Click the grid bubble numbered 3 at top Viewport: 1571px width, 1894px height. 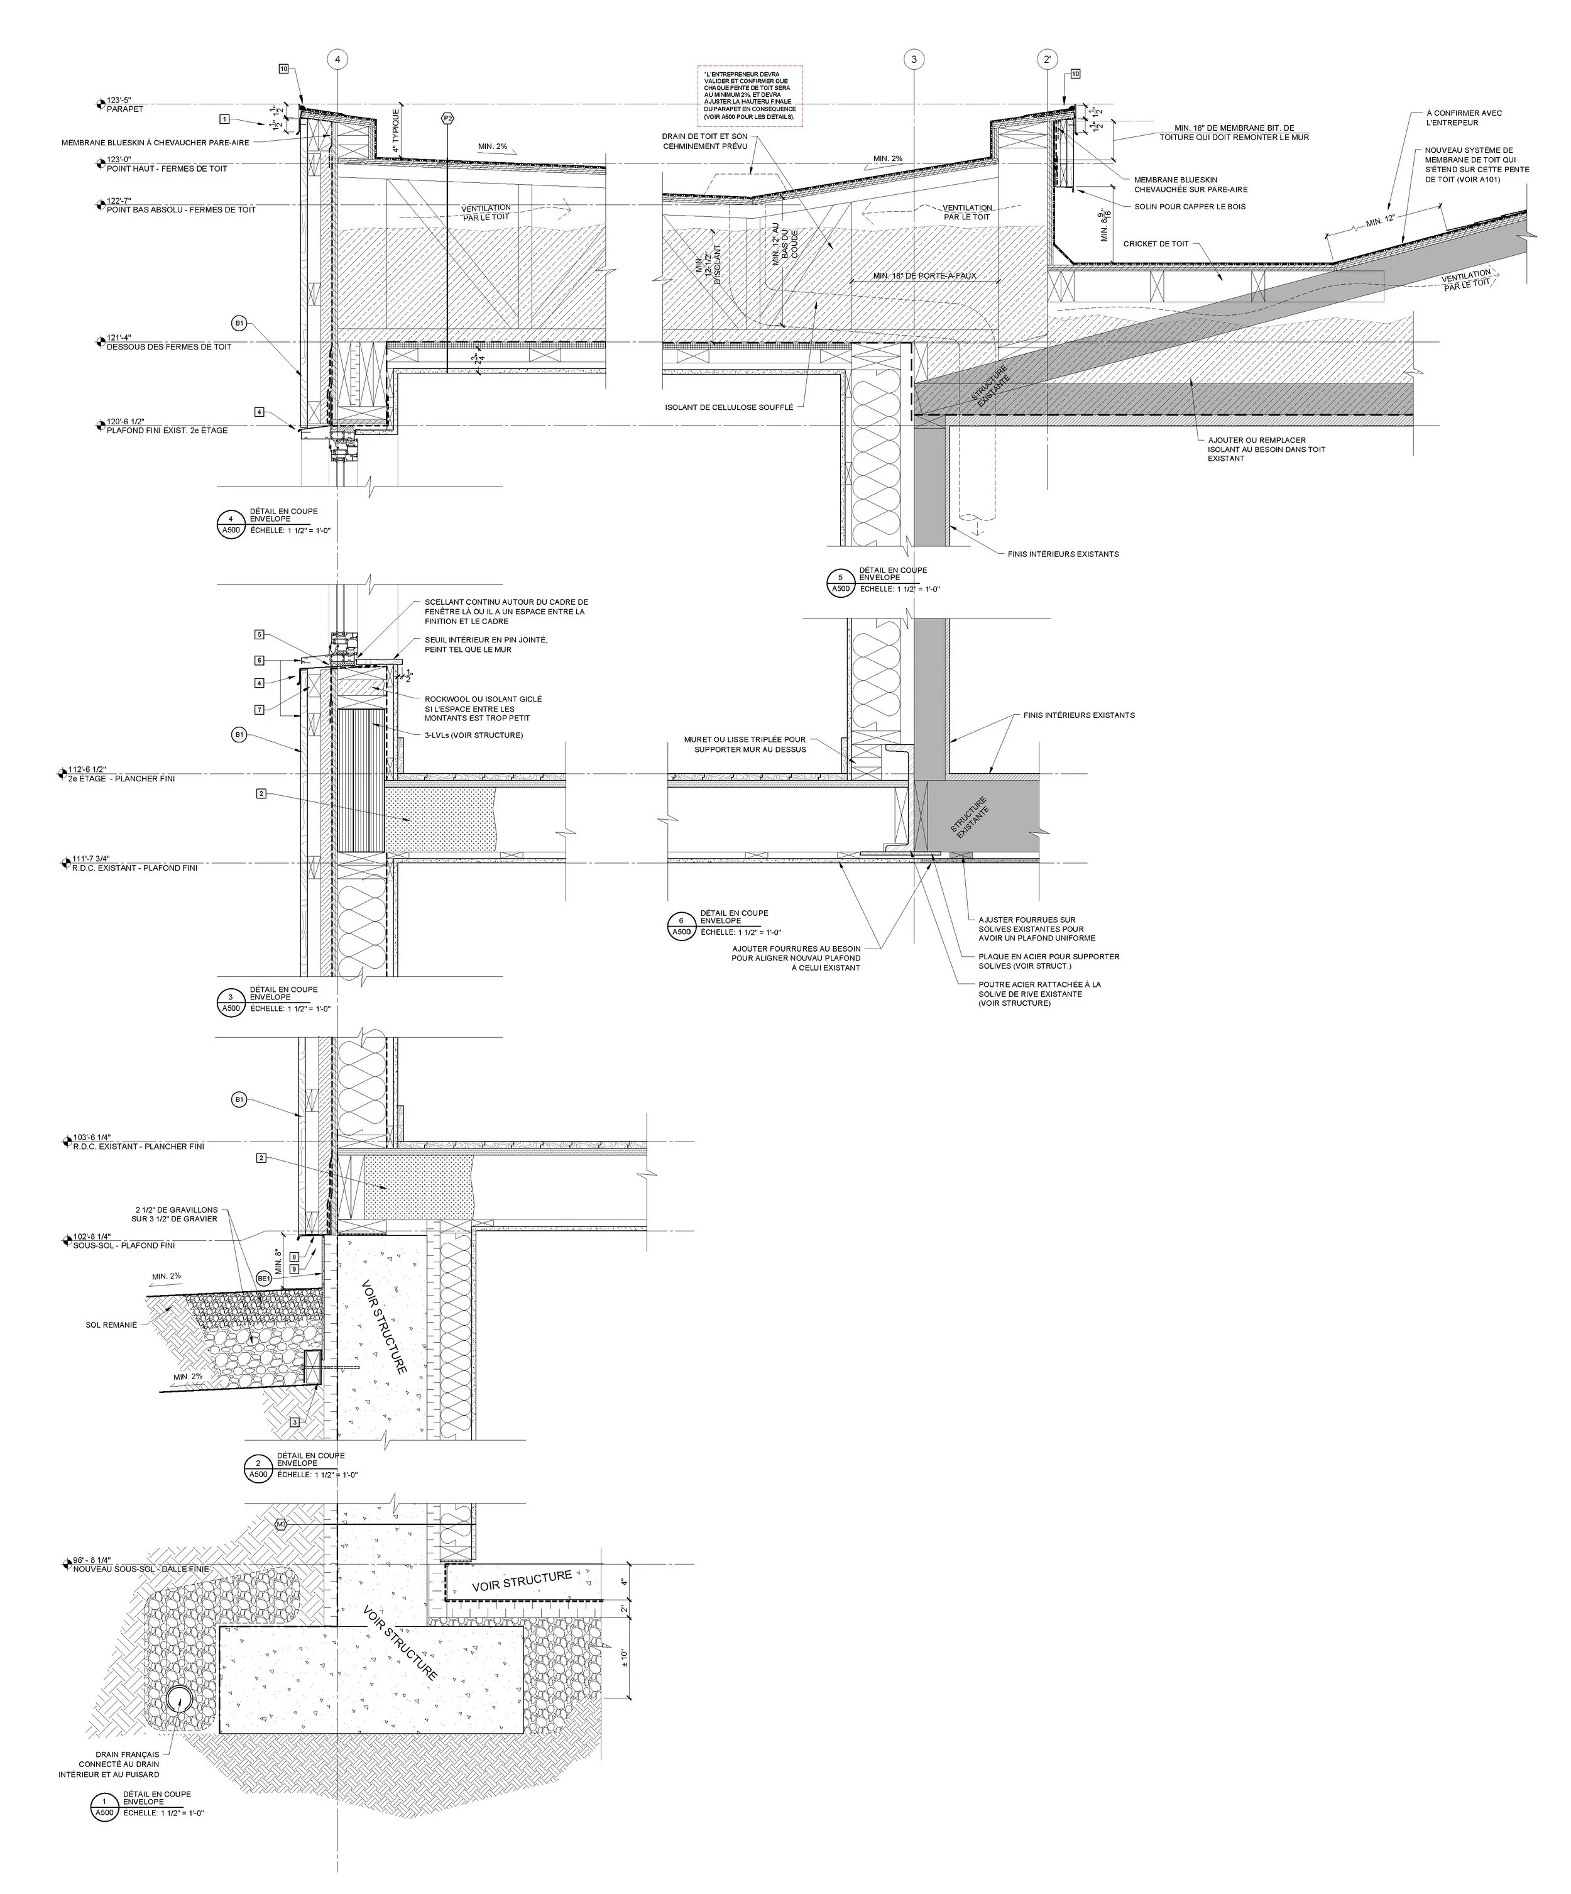tap(914, 60)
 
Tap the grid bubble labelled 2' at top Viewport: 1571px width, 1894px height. tap(1046, 60)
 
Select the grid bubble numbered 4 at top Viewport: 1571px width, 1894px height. tap(337, 60)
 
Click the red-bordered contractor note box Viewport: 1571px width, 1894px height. tap(750, 96)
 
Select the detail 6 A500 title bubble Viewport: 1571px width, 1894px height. tap(682, 925)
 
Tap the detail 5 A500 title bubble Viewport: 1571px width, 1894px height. tap(841, 583)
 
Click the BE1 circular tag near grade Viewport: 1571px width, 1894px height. tap(264, 1278)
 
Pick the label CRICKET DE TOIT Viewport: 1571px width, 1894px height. tap(1156, 243)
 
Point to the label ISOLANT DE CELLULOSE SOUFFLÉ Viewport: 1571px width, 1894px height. tap(729, 407)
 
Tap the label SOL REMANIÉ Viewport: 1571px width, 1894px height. tap(111, 1325)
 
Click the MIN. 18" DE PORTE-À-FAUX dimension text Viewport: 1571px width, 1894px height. tap(924, 275)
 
